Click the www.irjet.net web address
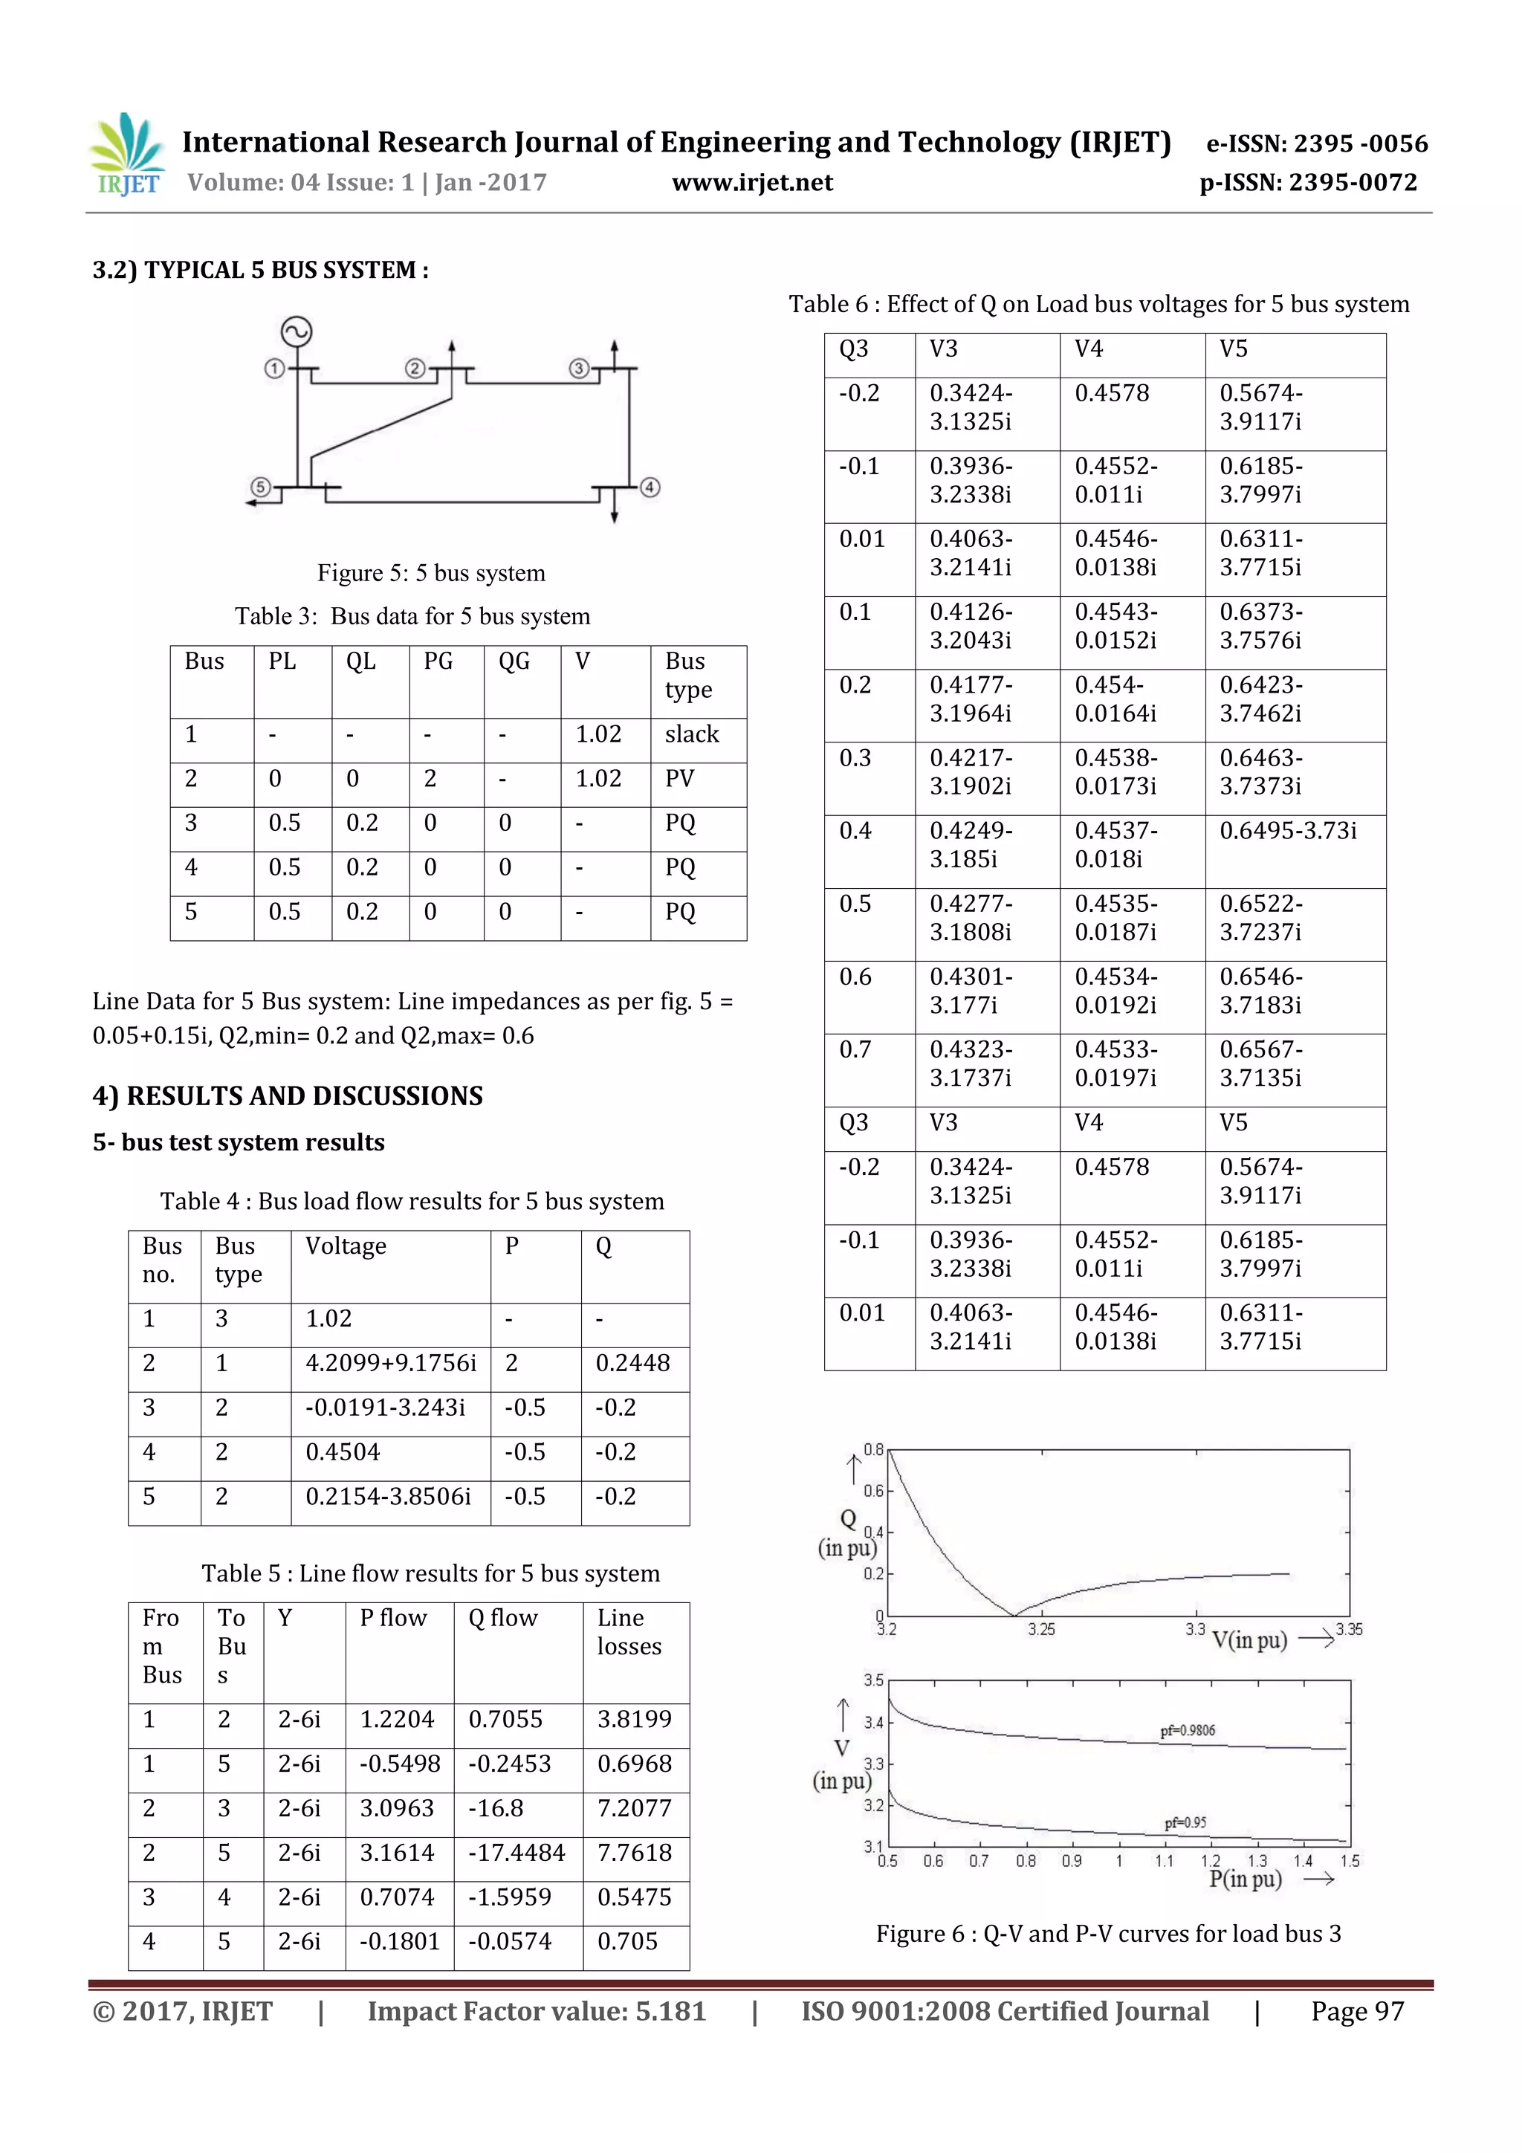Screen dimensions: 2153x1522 (752, 182)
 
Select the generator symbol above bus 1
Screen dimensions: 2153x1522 (297, 332)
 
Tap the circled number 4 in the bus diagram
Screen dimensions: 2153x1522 (650, 488)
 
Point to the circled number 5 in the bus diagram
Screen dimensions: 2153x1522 (261, 488)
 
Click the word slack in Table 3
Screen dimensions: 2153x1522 (691, 734)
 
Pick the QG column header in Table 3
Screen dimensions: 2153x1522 (514, 662)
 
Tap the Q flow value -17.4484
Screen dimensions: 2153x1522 (516, 1853)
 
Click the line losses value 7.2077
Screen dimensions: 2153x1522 (634, 1808)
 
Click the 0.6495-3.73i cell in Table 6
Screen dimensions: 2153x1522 (1288, 831)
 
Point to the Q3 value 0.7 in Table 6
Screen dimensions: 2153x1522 (855, 1049)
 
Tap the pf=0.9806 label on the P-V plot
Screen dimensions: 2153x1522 (1188, 1730)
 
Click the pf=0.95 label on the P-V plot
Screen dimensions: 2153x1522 (1185, 1822)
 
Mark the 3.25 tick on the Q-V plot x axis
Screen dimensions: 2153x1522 (1041, 1629)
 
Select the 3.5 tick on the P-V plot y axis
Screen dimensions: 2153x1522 (873, 1680)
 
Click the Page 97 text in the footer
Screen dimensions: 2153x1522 (1356, 2011)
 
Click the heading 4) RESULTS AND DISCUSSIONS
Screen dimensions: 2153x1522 (287, 1095)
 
